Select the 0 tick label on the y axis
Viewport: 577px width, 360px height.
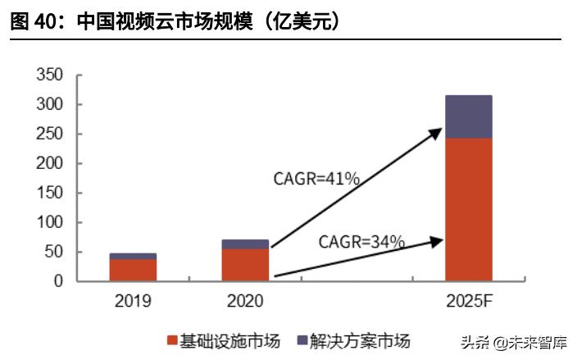click(58, 281)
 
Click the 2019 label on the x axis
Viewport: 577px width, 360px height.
click(133, 301)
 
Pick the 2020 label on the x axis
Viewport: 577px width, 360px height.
click(245, 301)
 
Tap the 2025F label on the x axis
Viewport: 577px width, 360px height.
click(468, 301)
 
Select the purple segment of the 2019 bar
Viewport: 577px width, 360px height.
click(133, 257)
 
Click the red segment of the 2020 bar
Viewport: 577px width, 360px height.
click(245, 265)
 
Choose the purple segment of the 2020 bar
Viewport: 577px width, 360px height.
click(245, 244)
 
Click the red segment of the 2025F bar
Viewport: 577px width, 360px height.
click(468, 210)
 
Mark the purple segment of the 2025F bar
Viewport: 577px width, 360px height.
click(468, 116)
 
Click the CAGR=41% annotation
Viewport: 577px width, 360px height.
click(316, 178)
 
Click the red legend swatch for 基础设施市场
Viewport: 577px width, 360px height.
click(173, 340)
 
